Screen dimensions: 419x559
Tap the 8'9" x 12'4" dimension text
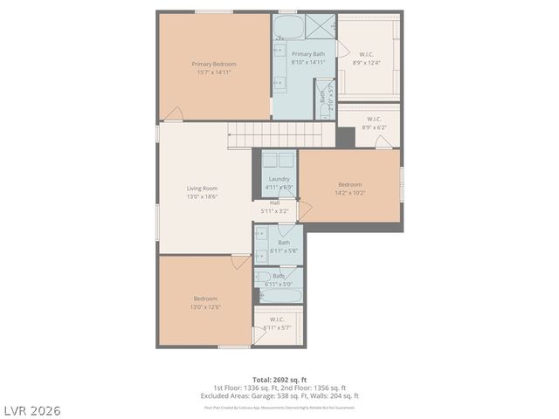click(366, 63)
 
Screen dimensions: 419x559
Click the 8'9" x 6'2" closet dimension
click(374, 127)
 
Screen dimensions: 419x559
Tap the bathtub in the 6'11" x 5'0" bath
click(278, 296)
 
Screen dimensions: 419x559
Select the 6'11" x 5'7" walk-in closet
click(278, 325)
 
